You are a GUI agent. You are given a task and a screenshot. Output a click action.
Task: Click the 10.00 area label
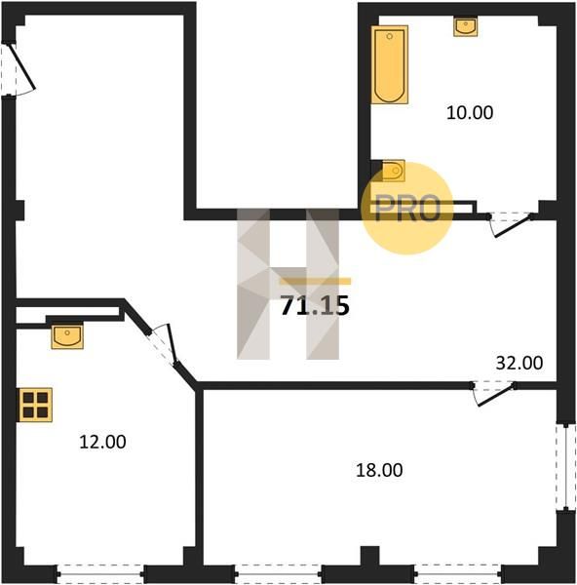coord(470,112)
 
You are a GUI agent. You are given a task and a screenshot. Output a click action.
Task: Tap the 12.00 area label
coord(102,442)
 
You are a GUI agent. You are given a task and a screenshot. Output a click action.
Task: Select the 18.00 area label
coord(379,470)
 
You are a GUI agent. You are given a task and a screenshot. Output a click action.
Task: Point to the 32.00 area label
coord(519,363)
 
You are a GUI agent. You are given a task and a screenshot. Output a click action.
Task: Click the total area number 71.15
coord(315,305)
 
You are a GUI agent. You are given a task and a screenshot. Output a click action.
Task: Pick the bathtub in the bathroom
coord(390,64)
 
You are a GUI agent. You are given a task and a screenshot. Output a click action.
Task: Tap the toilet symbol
coord(394,171)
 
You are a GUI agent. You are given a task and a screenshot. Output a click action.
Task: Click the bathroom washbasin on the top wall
coord(466,26)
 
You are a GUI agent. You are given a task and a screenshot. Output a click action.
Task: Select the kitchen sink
coord(67,336)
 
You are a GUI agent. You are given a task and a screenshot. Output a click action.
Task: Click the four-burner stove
coord(35,405)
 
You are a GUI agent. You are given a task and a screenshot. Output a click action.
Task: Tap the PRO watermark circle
coord(407,209)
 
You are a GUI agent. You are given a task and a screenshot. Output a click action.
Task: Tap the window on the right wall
coord(566,467)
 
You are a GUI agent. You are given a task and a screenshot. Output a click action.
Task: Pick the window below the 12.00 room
coord(100,574)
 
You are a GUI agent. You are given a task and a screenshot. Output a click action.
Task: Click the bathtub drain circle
coord(390,36)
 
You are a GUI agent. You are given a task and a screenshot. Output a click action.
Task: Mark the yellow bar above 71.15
coord(315,281)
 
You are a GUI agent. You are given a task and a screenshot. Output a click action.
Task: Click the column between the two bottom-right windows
coord(369,564)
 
